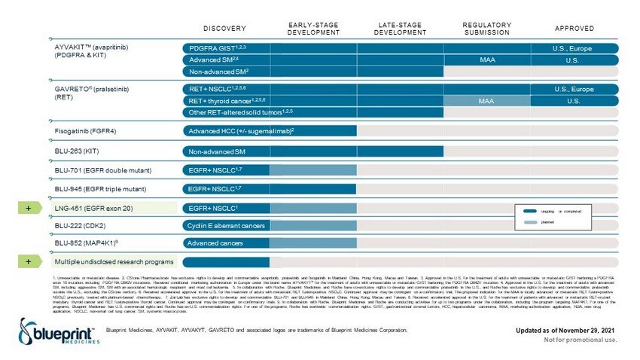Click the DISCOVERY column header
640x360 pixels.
(224, 29)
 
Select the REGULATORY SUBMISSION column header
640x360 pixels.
(487, 29)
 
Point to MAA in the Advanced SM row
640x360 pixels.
(486, 59)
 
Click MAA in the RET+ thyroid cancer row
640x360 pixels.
(486, 101)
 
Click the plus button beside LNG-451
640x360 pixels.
(27, 207)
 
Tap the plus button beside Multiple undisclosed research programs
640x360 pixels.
(27, 261)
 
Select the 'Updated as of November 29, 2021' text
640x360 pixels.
(571, 329)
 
